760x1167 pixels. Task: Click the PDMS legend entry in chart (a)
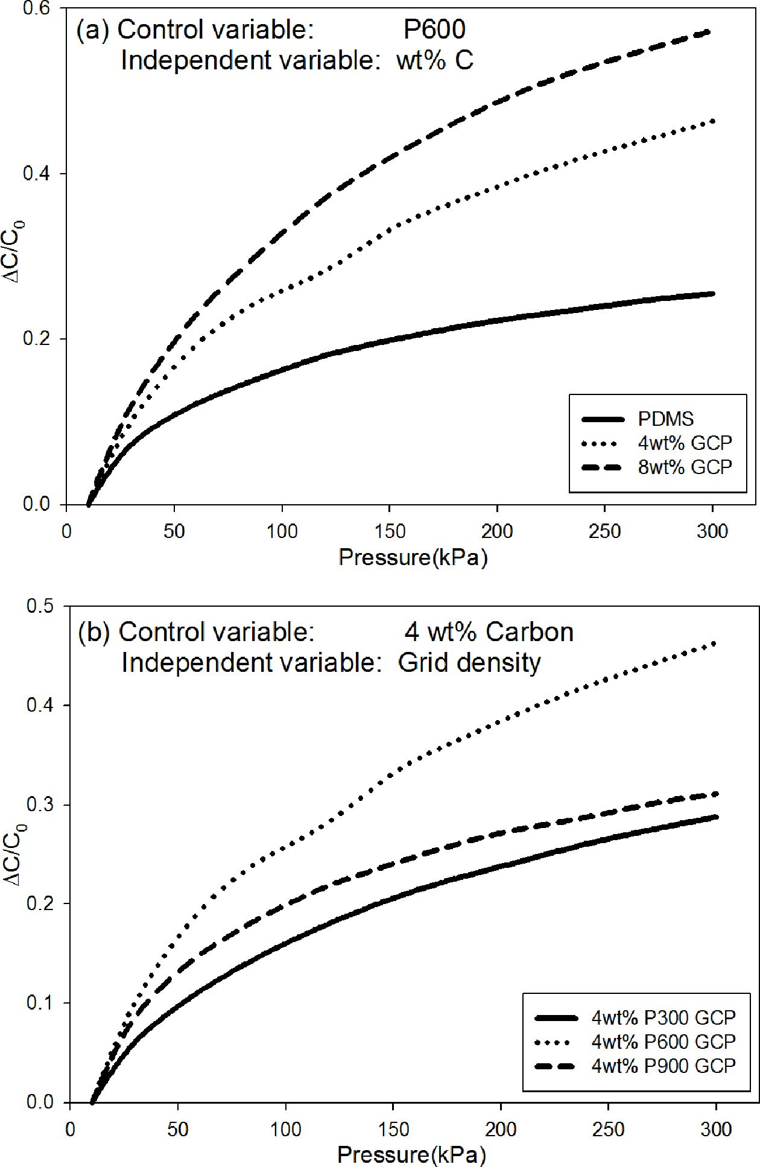click(666, 419)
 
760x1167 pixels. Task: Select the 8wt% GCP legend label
click(685, 467)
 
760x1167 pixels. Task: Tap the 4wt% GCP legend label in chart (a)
click(685, 443)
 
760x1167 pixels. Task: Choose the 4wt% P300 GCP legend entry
click(663, 1018)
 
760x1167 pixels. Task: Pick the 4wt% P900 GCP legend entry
click(663, 1066)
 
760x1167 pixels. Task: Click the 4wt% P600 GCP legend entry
click(663, 1042)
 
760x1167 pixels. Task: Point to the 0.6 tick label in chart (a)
click(37, 9)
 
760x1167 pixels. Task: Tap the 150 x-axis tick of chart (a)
click(390, 531)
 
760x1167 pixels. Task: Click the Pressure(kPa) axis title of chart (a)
click(413, 557)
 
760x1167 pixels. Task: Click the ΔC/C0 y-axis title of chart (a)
click(18, 253)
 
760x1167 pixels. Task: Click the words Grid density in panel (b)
click(469, 662)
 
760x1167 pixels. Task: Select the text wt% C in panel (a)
click(434, 60)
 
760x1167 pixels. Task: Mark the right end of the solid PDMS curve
click(713, 294)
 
